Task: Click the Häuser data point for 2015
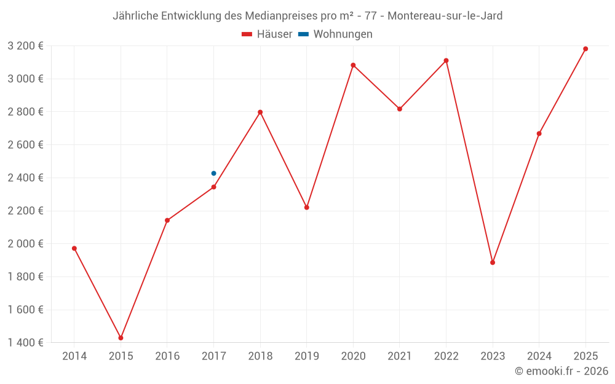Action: (x=121, y=338)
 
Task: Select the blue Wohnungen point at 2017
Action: (x=213, y=173)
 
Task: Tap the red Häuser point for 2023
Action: (x=493, y=262)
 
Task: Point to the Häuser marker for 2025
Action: (x=585, y=49)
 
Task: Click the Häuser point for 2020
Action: (x=353, y=65)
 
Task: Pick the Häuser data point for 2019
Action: (x=307, y=207)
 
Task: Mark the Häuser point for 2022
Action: (x=446, y=60)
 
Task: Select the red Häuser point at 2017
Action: (x=213, y=187)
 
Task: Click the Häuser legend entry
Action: (x=267, y=34)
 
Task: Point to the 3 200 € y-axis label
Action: (x=25, y=45)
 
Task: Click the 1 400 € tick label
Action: (x=25, y=343)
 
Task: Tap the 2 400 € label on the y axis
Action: (x=25, y=178)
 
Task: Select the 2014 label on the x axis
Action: (x=74, y=356)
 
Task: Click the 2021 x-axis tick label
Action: (x=400, y=356)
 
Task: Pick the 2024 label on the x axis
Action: (x=539, y=356)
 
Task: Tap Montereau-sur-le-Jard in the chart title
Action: (x=445, y=16)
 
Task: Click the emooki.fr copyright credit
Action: (x=561, y=371)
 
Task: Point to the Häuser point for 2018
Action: (x=260, y=112)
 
